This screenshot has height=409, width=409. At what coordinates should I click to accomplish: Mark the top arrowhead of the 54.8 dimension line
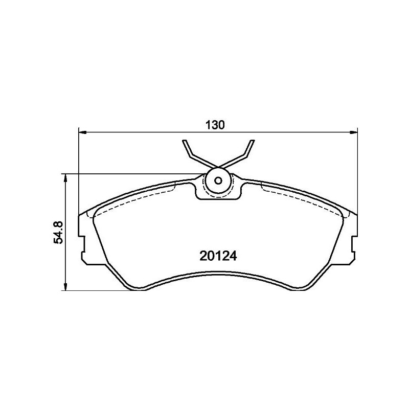[x=65, y=177]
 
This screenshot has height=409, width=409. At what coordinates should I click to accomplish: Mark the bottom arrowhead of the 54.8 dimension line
[x=65, y=287]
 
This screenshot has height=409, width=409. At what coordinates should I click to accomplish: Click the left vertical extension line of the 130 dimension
[x=79, y=169]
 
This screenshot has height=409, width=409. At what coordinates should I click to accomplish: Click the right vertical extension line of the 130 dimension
[x=357, y=169]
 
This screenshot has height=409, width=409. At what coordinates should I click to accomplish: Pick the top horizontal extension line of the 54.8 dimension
[x=128, y=174]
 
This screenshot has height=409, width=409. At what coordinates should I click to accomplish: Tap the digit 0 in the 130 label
[x=222, y=125]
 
